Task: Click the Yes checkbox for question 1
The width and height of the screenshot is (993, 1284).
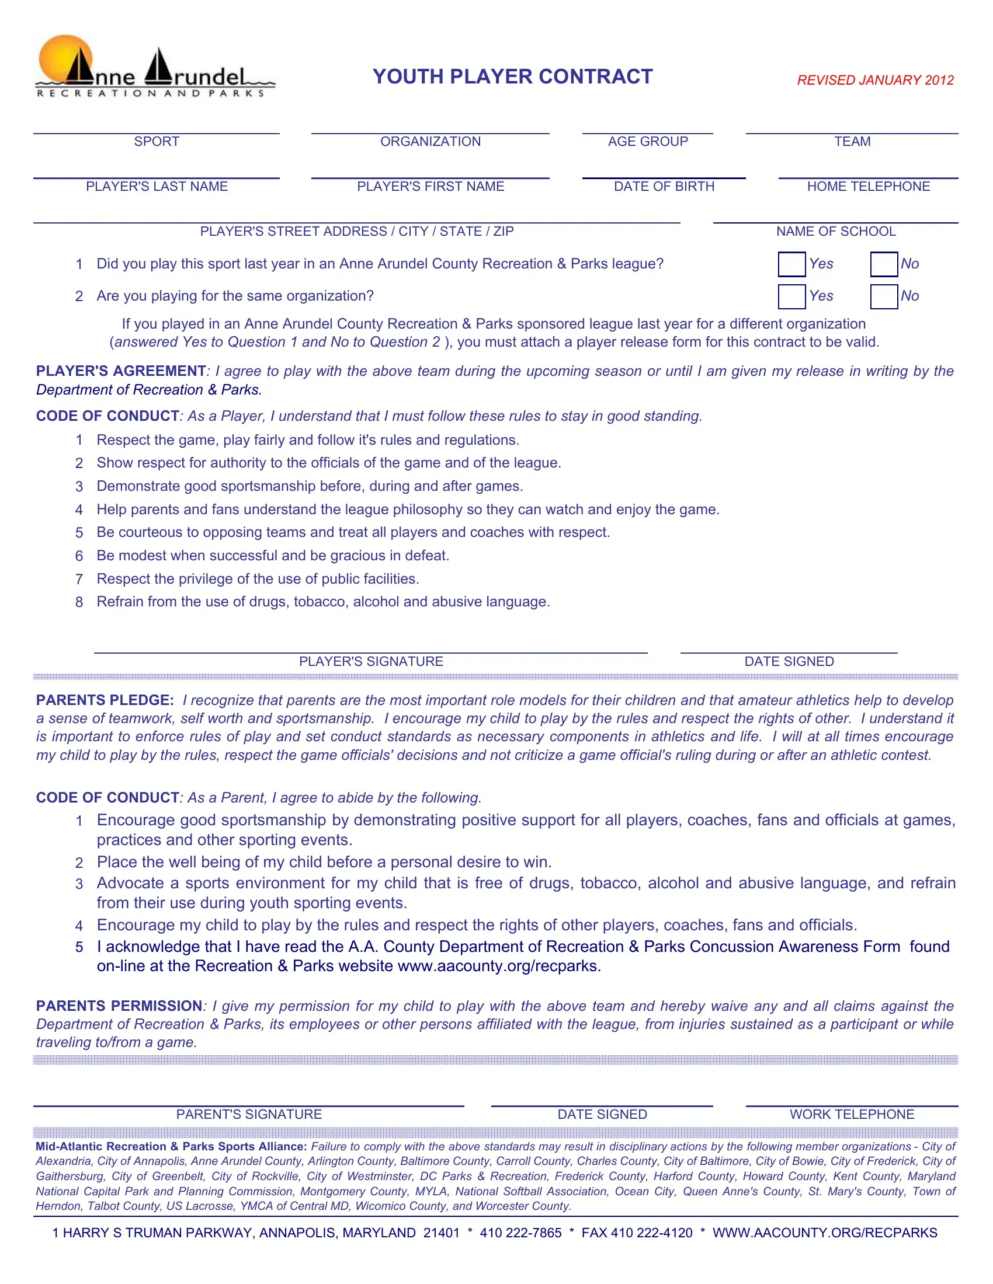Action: pos(791,264)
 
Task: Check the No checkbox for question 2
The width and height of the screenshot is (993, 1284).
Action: pos(884,296)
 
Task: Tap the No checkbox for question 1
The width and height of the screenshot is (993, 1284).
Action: pos(884,264)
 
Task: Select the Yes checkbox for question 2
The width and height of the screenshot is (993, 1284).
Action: pos(791,296)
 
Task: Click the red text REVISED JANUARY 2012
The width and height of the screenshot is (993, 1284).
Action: pos(875,80)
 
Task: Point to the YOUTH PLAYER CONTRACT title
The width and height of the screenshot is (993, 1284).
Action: pos(512,76)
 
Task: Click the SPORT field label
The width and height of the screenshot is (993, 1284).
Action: pos(157,142)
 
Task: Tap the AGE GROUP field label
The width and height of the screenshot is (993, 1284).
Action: pos(648,142)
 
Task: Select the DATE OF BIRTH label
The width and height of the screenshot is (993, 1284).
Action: pos(664,186)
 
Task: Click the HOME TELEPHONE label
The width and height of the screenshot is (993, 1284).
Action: pos(868,186)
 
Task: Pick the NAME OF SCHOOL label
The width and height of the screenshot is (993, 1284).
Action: pos(836,232)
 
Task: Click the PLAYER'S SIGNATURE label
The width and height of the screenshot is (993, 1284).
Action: pos(371,661)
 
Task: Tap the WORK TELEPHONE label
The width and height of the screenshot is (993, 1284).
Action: pos(852,1114)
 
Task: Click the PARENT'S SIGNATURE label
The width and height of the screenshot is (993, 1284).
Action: pos(249,1114)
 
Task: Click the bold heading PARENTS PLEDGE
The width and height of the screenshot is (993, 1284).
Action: pos(105,700)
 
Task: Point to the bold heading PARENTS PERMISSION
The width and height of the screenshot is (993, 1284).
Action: pos(119,1006)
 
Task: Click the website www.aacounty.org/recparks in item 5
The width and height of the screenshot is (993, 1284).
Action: pos(499,966)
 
